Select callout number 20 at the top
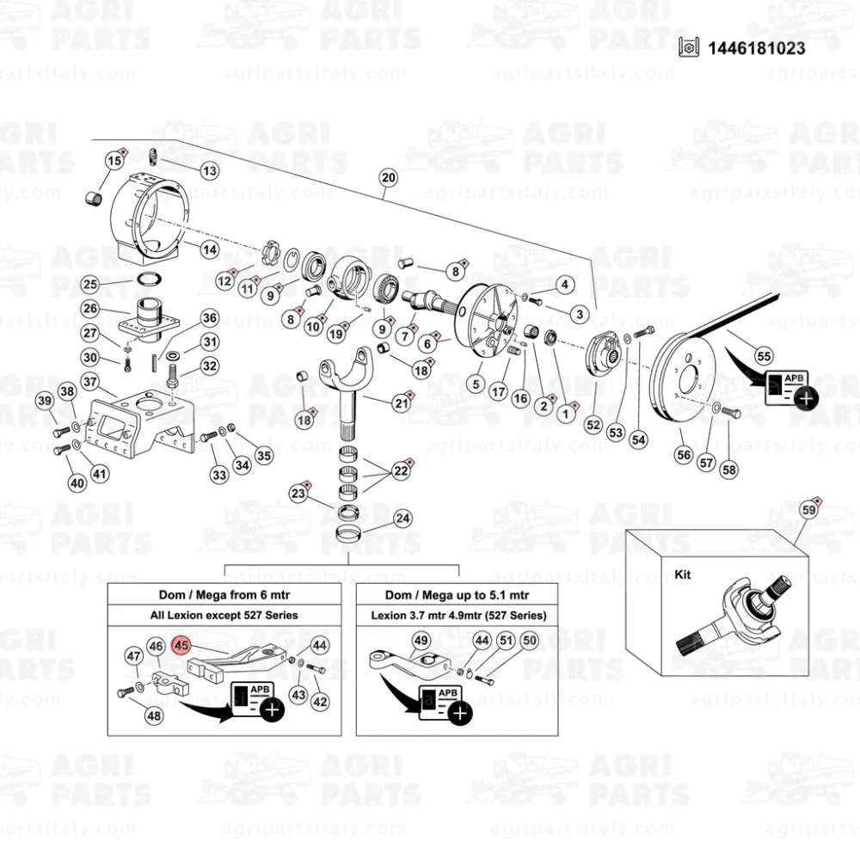click(x=388, y=178)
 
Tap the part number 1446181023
click(x=757, y=47)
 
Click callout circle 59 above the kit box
click(x=808, y=510)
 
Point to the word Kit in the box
click(x=684, y=574)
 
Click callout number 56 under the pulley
click(x=685, y=455)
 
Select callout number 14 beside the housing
click(x=210, y=249)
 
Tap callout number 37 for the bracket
click(x=91, y=381)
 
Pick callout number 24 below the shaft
click(x=402, y=519)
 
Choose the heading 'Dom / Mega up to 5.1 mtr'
click(x=457, y=595)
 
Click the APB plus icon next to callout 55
click(x=805, y=398)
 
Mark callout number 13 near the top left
click(x=210, y=171)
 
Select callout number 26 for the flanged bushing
click(x=91, y=308)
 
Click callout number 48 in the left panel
click(x=154, y=715)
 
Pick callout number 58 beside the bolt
click(x=729, y=470)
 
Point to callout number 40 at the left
click(x=78, y=483)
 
